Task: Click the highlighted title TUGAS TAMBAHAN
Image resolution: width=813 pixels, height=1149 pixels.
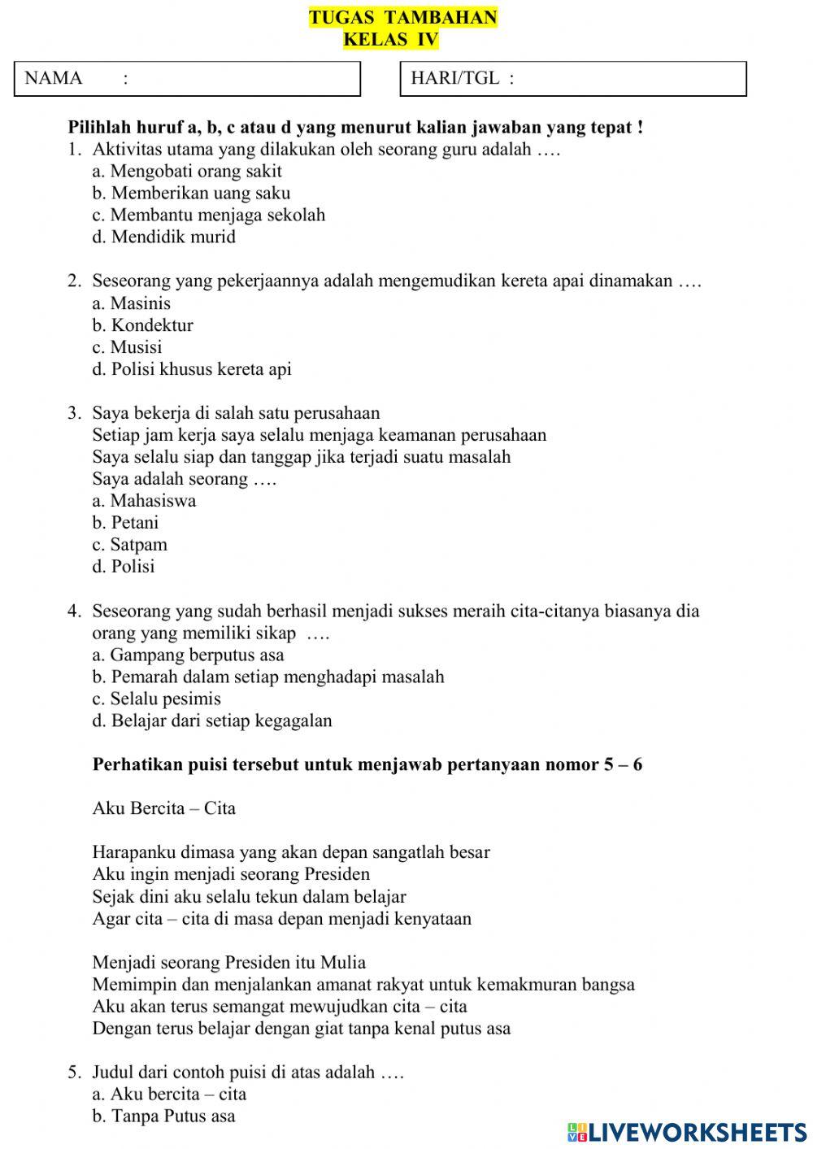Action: coord(402,18)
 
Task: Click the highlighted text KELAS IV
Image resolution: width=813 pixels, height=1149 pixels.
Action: coord(390,39)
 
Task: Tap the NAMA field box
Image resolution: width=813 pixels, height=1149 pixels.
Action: coord(187,79)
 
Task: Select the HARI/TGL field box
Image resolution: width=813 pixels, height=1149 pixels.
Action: coord(573,79)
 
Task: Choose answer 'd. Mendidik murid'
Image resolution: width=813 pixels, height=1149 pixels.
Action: coord(163,237)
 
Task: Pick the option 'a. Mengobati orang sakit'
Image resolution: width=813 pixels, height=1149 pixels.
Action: coord(187,172)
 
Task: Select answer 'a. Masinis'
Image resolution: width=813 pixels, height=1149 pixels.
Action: coord(132,303)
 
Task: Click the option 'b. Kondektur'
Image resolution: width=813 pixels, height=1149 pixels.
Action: coord(142,325)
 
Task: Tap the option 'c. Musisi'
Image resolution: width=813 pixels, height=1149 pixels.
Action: coord(127,347)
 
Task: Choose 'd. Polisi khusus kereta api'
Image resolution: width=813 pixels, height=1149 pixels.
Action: coord(192,369)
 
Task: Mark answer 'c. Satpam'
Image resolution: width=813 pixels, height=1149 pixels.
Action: coord(129,545)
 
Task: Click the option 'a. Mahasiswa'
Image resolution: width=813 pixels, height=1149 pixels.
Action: coord(144,501)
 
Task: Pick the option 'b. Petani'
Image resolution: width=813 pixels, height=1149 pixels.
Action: coord(125,523)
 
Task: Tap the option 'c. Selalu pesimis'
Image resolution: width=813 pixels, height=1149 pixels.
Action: coord(156,699)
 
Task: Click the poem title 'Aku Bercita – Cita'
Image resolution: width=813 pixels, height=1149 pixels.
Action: coord(164,808)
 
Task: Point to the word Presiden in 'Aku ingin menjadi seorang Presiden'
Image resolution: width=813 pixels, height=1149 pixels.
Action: coord(337,875)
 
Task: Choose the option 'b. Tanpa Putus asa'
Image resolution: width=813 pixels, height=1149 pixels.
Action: coord(163,1116)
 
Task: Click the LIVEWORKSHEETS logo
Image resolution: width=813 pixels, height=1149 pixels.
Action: coord(687,1132)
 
